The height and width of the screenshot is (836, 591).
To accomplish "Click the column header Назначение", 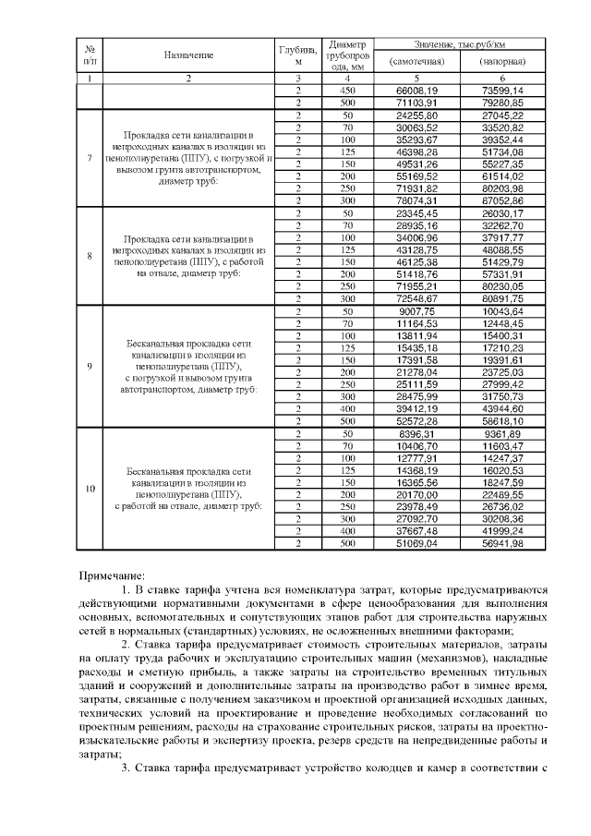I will (x=188, y=55).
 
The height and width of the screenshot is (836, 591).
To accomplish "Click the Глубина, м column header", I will (x=298, y=55).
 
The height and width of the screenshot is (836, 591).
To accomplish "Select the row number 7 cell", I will (x=89, y=156).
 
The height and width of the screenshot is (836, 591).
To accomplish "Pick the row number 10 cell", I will (x=89, y=488).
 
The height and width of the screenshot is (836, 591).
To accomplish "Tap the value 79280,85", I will (x=502, y=102).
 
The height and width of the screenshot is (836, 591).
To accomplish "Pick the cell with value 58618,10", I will (x=502, y=421).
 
